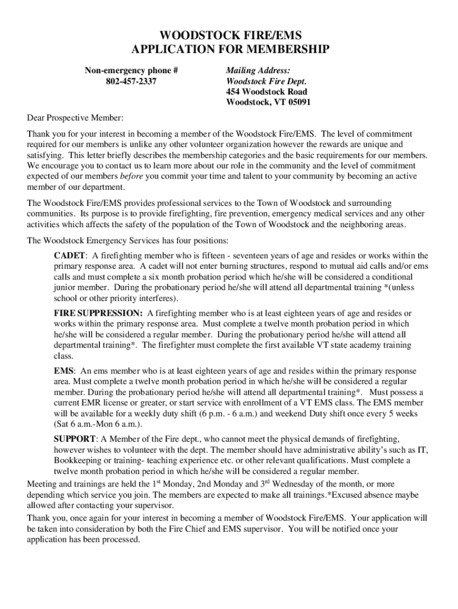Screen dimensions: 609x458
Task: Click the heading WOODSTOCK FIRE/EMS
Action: [229, 36]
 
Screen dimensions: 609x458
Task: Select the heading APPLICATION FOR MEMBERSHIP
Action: [229, 49]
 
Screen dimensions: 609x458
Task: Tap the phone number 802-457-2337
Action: [131, 81]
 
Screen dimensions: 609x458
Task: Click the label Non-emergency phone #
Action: [131, 71]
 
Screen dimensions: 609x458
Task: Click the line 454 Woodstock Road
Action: [266, 92]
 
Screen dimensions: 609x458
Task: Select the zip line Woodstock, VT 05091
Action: [268, 103]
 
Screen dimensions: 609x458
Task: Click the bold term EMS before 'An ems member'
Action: [64, 371]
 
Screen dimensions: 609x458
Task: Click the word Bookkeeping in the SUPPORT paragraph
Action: [78, 460]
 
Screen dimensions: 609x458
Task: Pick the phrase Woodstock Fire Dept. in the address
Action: [266, 81]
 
